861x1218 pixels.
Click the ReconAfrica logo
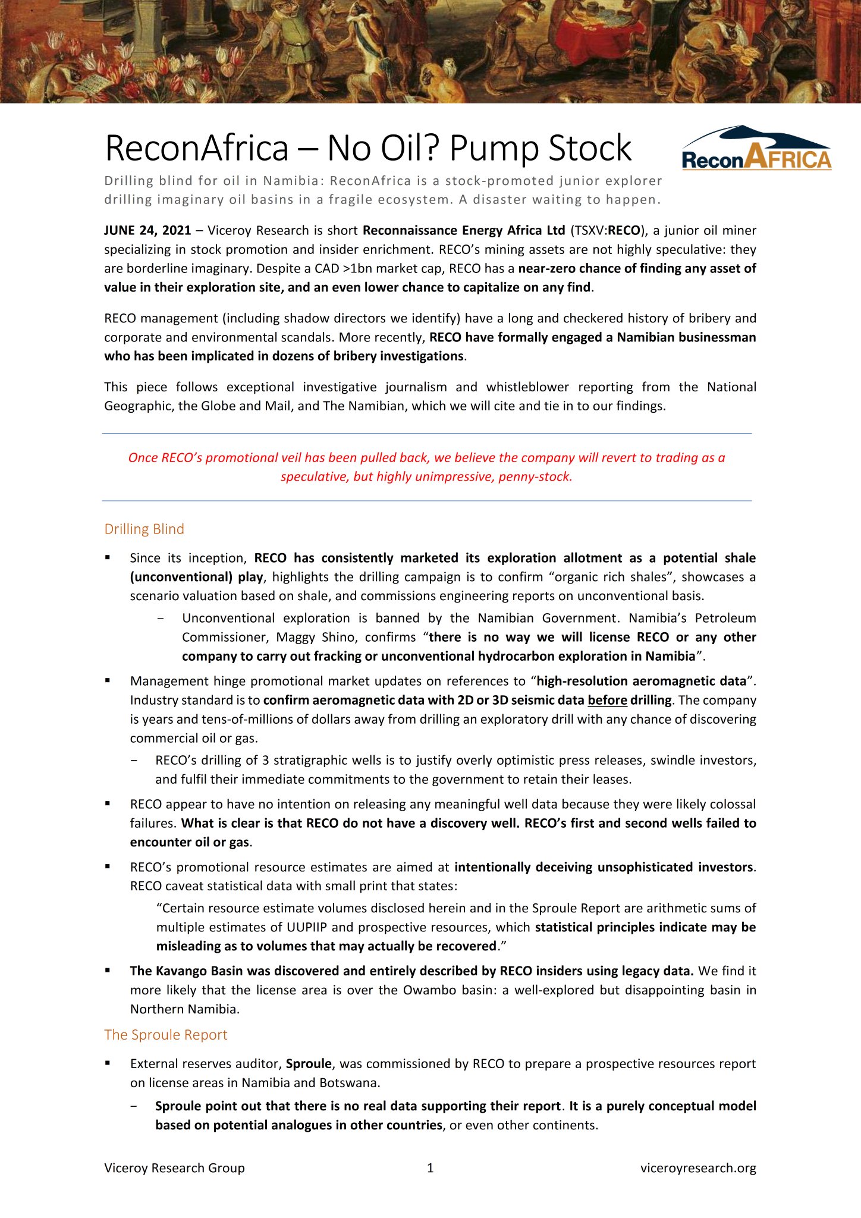(x=756, y=148)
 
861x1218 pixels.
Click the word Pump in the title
(x=494, y=148)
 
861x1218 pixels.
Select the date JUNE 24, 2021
(x=147, y=231)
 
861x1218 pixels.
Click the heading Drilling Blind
(x=144, y=529)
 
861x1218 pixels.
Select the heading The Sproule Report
(x=165, y=1034)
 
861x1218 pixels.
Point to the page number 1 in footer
(x=430, y=1167)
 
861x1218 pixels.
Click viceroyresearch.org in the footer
(x=698, y=1167)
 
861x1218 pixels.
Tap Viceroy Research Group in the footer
(x=174, y=1167)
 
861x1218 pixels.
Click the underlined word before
(x=607, y=700)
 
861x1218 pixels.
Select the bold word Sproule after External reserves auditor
(x=309, y=1063)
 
